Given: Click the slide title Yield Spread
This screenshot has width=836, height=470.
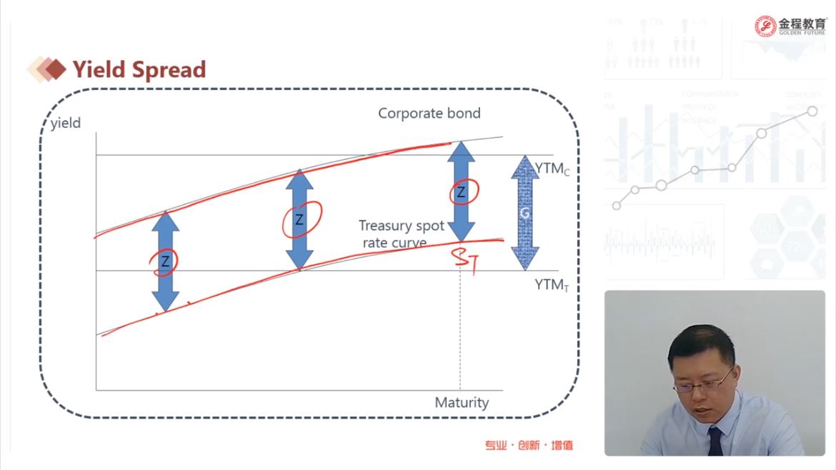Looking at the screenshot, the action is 139,70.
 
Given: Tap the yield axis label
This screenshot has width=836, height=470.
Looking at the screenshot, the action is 66,123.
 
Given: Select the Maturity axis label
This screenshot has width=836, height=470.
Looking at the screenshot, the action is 462,402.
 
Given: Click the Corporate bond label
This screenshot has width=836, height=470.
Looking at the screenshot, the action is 429,113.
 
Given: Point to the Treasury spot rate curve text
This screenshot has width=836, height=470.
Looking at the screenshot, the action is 401,234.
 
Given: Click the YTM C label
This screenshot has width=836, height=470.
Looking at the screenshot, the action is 552,169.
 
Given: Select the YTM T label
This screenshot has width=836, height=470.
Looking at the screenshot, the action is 552,285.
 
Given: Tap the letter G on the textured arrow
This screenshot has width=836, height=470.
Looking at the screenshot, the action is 524,213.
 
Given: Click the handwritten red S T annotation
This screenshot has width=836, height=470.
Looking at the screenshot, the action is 465,259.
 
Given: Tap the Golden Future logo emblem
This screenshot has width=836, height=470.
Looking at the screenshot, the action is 765,26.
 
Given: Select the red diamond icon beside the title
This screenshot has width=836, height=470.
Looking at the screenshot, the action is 56,69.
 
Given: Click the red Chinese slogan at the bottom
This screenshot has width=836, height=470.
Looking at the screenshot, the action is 528,445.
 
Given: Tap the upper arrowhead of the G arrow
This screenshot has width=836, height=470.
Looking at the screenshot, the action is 525,167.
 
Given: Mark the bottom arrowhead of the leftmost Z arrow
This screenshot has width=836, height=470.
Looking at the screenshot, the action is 165,301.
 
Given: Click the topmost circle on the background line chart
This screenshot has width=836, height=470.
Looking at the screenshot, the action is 812,111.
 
